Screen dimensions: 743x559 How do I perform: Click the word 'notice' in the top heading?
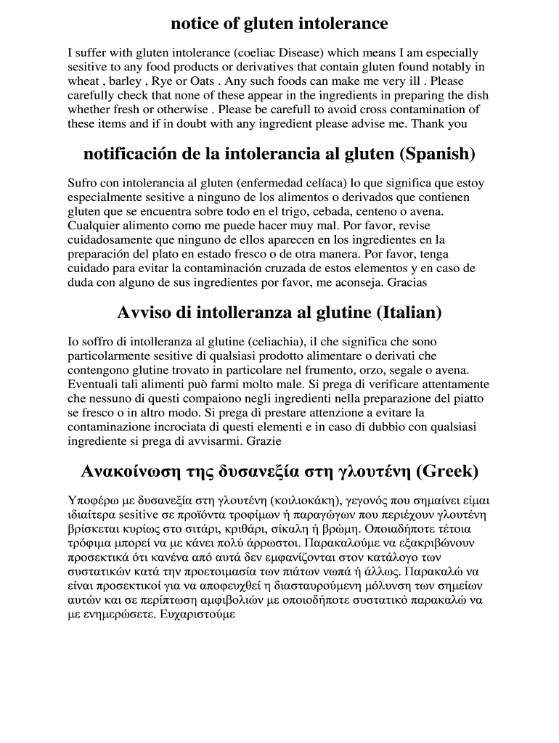194,24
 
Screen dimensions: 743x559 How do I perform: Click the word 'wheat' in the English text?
82,81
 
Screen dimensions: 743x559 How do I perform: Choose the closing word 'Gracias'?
407,282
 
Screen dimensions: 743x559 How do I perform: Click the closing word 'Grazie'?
264,440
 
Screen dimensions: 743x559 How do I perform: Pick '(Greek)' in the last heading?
446,472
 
